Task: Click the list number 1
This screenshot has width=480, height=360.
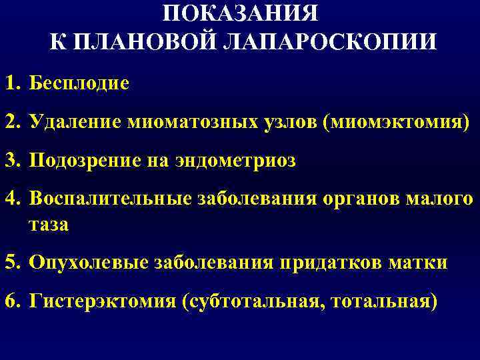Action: pyautogui.click(x=11, y=85)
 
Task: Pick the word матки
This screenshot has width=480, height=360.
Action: pyautogui.click(x=420, y=263)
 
